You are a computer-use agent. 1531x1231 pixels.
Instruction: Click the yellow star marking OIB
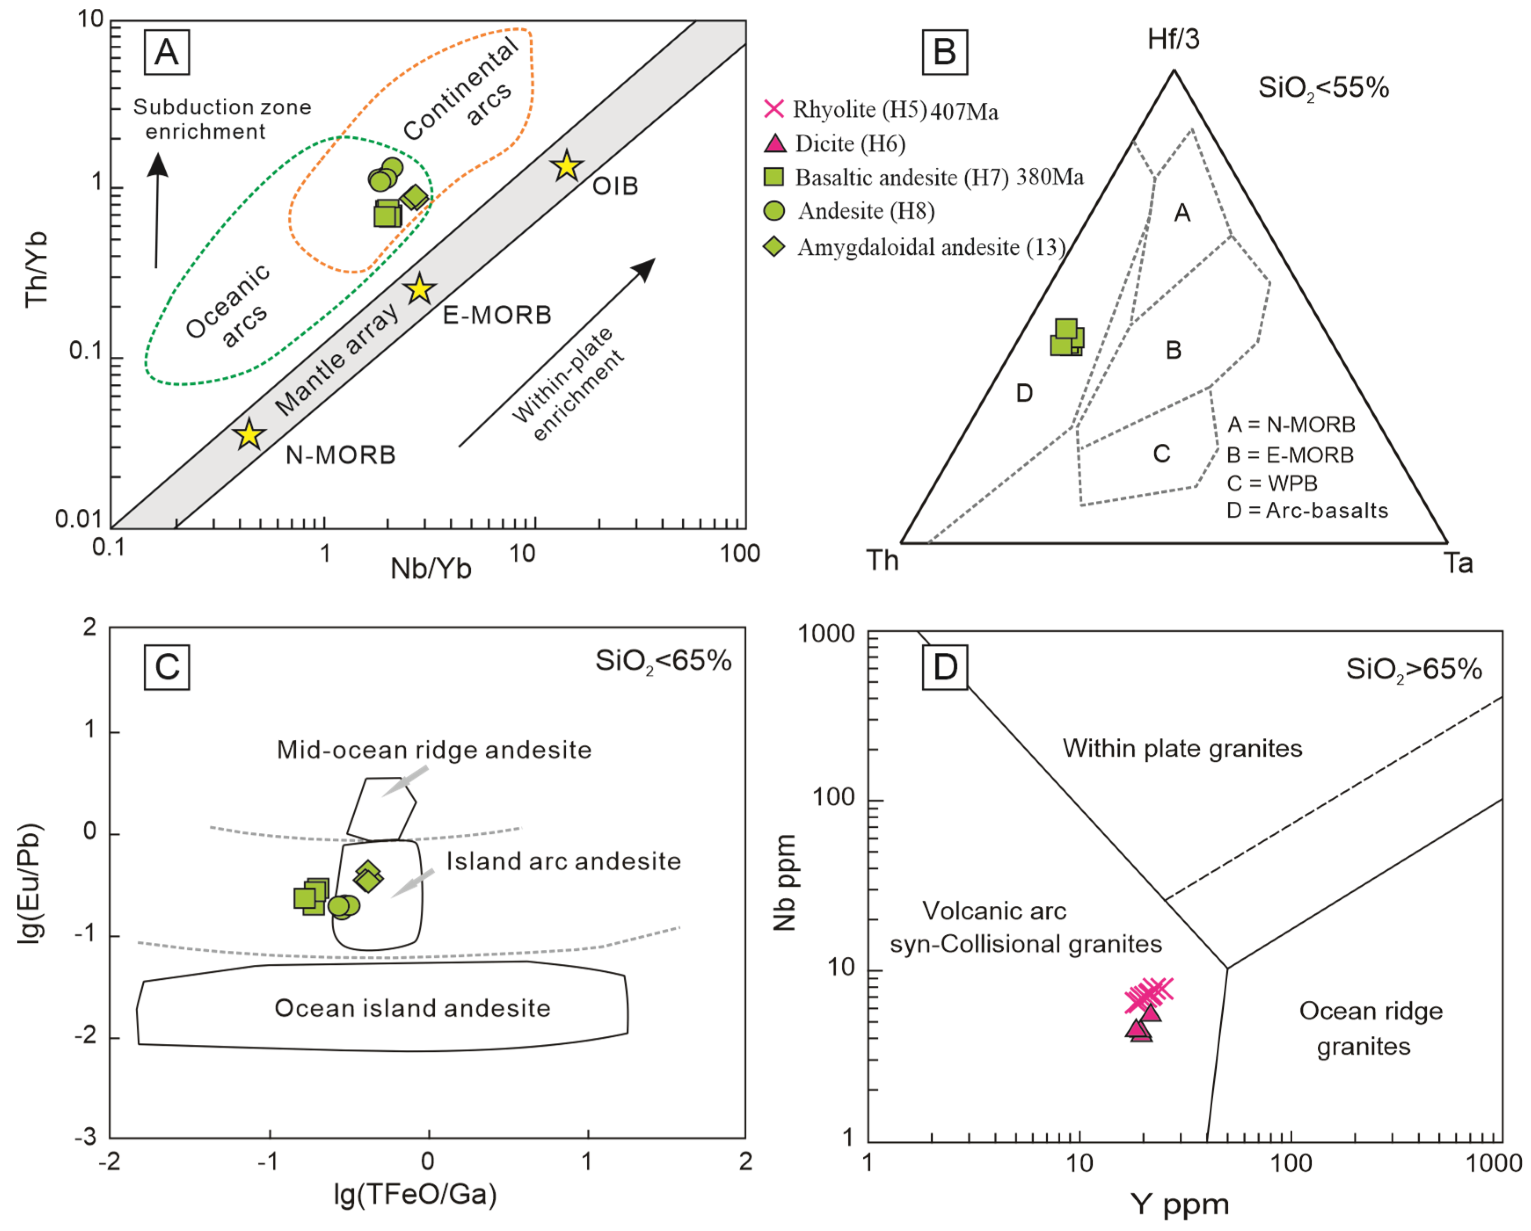click(x=567, y=166)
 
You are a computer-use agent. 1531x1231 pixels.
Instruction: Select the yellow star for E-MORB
click(x=420, y=289)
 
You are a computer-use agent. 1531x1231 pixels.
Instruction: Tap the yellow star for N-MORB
click(x=248, y=434)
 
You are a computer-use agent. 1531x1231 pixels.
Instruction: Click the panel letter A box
click(x=167, y=52)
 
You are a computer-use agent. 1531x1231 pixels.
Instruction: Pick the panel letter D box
click(x=945, y=667)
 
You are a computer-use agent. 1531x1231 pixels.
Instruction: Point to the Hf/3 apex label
click(x=1173, y=40)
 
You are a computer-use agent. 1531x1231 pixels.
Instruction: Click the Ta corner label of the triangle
click(x=1458, y=563)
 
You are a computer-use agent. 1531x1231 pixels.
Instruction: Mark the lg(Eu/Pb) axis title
click(x=30, y=883)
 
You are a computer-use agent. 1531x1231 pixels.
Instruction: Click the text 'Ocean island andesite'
click(x=413, y=1008)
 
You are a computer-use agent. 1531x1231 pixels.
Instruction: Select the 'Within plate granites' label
click(x=1182, y=748)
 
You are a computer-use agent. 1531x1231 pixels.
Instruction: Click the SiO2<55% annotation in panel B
click(x=1323, y=88)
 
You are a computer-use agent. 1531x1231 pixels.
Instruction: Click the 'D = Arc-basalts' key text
click(x=1307, y=511)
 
